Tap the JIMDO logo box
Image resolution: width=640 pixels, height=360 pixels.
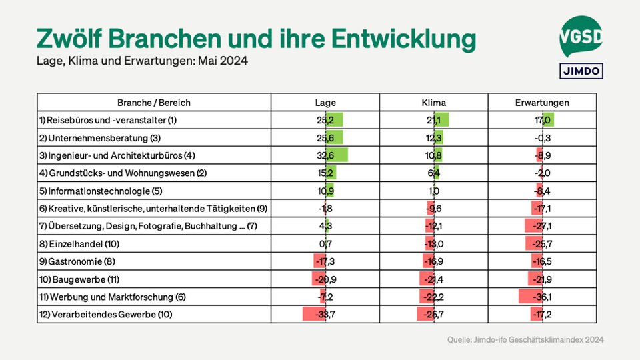coord(580,70)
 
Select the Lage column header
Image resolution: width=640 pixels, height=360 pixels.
coord(325,103)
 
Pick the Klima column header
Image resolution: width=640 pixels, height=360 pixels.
coord(434,103)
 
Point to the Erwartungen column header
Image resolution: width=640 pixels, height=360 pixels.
coord(542,103)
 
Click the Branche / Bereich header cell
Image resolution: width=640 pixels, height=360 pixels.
coord(154,103)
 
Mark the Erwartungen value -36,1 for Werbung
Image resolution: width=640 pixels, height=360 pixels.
coord(542,297)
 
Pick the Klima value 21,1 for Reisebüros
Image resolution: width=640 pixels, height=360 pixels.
coord(434,120)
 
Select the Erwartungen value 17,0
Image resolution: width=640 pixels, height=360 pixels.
coord(543,120)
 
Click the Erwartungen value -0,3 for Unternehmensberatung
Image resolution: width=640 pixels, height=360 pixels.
coord(542,138)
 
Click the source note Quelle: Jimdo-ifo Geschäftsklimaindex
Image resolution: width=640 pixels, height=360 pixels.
coord(525,340)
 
